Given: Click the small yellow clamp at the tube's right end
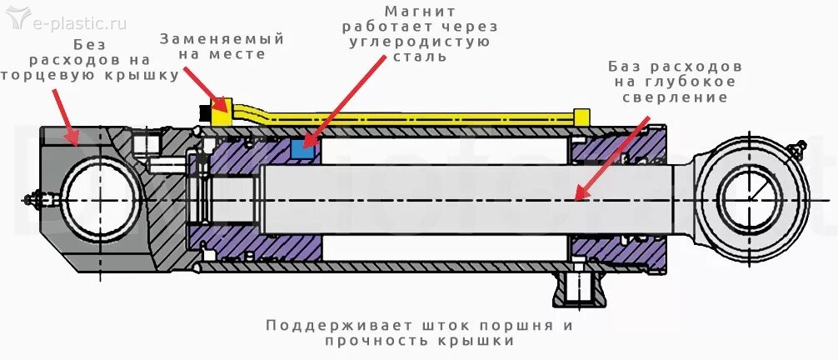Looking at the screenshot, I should click(x=582, y=114).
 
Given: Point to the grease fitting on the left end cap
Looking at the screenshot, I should click(x=37, y=200).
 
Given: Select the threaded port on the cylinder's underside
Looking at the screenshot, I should click(x=581, y=289).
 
